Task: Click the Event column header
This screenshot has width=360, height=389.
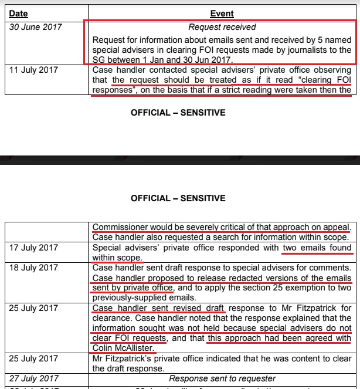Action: pos(222,13)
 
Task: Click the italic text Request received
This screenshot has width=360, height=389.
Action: pos(222,27)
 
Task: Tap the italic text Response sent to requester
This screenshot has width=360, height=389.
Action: pos(222,379)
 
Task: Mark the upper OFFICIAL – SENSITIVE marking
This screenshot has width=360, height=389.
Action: pos(178,112)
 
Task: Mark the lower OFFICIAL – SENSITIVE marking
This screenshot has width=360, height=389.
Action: pos(178,198)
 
